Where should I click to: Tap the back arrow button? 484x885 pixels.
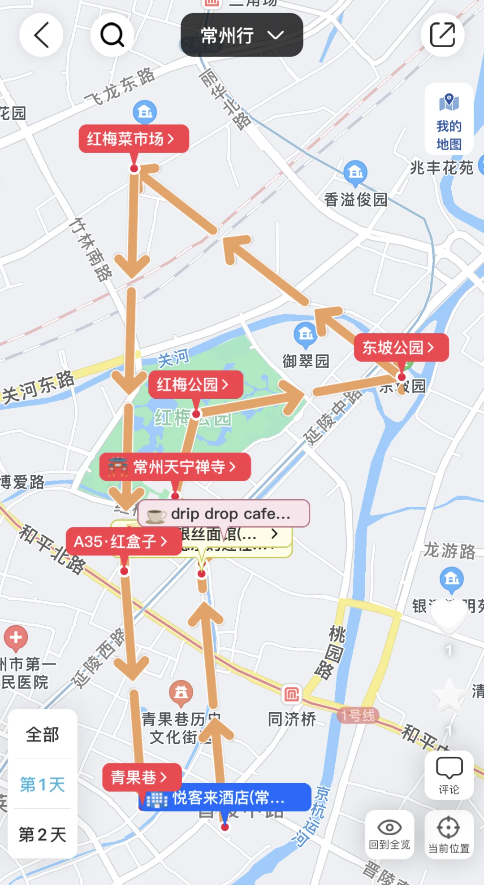[x=41, y=35]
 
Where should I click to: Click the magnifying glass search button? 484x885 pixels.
[x=112, y=35]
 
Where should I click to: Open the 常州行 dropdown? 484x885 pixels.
[x=242, y=35]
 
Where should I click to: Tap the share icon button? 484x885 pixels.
[x=442, y=35]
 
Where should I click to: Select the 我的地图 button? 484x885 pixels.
[x=449, y=119]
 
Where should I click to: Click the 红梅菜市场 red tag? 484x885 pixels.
[x=134, y=139]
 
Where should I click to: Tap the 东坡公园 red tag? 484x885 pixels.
[x=401, y=348]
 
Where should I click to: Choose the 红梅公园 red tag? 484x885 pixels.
[x=195, y=384]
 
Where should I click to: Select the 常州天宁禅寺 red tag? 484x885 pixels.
[x=175, y=467]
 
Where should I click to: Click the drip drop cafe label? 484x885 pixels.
[x=224, y=514]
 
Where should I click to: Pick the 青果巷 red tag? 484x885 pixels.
[x=142, y=777]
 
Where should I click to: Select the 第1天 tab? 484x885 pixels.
[x=43, y=785]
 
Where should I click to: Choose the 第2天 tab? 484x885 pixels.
[x=43, y=835]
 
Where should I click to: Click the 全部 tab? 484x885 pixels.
[x=43, y=735]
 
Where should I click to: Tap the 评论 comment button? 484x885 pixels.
[x=449, y=775]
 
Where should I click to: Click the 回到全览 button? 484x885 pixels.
[x=389, y=835]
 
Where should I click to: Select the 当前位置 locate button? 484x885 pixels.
[x=449, y=835]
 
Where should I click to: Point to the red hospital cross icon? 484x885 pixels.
[x=16, y=637]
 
